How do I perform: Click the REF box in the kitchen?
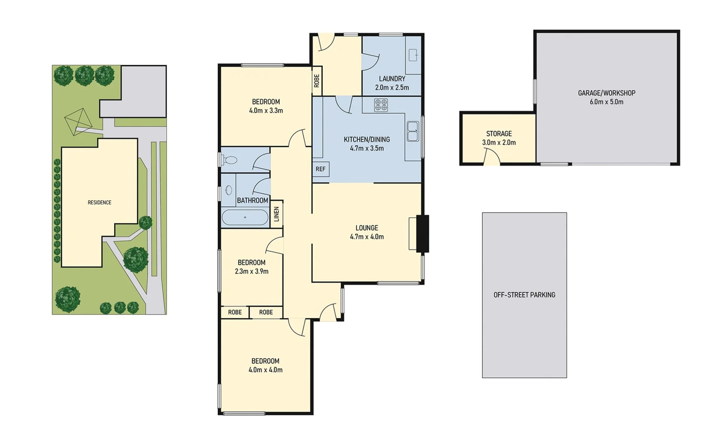point(320,169)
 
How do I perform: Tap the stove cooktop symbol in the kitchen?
point(381,105)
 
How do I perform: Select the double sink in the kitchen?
point(413,131)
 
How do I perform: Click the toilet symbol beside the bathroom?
point(229,160)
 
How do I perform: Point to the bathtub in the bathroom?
point(245,217)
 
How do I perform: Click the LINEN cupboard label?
point(276,214)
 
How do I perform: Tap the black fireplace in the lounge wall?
point(422,234)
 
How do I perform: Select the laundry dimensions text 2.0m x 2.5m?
point(392,87)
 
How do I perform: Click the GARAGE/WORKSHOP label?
point(606,93)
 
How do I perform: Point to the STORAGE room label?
point(499,134)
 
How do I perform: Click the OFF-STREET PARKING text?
point(524,295)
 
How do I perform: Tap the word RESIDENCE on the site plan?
point(99,203)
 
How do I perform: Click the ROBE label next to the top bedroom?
point(317,81)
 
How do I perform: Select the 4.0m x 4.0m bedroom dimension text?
point(265,370)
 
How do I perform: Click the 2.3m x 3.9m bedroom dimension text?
point(251,271)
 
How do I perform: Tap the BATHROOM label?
point(252,201)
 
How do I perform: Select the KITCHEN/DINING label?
point(367,139)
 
